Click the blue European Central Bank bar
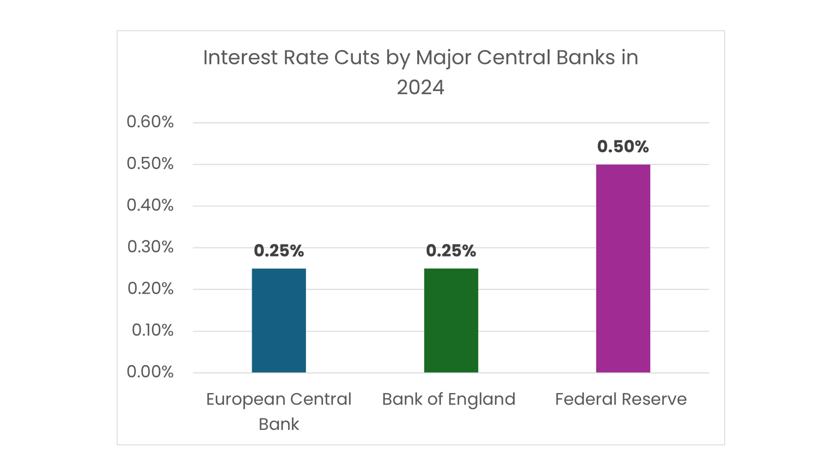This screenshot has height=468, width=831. tap(279, 320)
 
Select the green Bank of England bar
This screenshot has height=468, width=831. tap(451, 320)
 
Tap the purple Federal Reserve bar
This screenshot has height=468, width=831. tap(623, 268)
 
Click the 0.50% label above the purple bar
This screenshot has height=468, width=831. tap(623, 146)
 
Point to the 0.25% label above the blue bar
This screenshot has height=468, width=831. tap(279, 250)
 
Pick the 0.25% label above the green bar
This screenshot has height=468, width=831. tap(451, 250)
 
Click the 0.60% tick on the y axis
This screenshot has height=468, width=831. tap(150, 122)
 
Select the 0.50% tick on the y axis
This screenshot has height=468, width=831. tap(150, 163)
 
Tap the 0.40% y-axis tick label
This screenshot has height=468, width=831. tap(150, 205)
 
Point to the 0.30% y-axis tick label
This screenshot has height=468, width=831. tap(150, 247)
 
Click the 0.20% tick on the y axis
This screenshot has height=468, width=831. tap(150, 288)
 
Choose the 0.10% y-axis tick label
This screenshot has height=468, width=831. tap(152, 330)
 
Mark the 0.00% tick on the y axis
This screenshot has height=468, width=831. tap(150, 372)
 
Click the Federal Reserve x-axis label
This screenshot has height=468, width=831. tap(621, 399)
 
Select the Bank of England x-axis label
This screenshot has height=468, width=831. tap(448, 399)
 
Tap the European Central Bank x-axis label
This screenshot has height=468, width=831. tap(279, 411)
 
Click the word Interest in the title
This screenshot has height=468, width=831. tap(240, 58)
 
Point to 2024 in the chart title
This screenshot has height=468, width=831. tap(420, 88)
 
